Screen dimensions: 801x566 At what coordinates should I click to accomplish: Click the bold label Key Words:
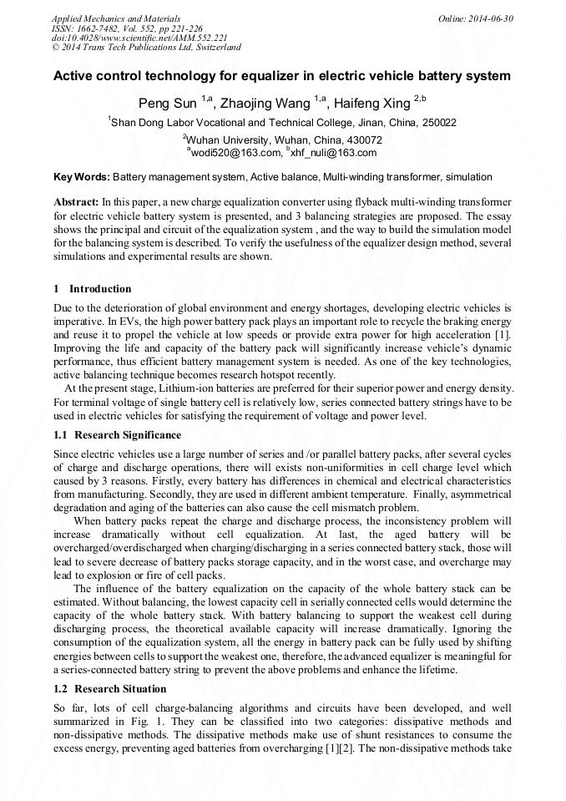tap(82, 177)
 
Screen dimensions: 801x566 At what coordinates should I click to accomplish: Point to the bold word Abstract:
tap(76, 202)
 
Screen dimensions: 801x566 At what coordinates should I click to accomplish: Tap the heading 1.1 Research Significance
tap(117, 435)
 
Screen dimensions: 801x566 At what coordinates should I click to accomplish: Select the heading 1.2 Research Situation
tap(109, 689)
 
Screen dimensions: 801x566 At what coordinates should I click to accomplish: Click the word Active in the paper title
tap(73, 76)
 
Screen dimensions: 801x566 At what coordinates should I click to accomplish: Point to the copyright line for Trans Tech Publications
tap(146, 48)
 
